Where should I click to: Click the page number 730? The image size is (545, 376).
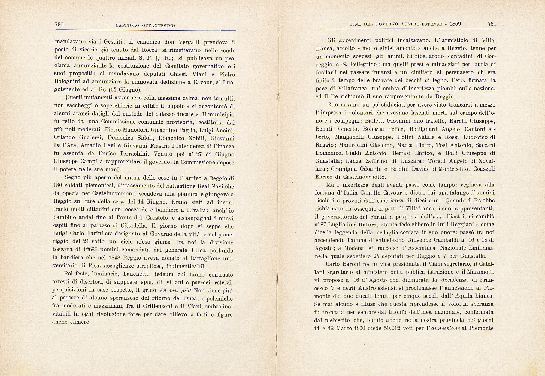pos(59,25)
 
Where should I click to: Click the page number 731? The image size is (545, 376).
pos(492,24)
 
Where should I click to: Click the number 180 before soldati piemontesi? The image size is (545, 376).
pos(58,186)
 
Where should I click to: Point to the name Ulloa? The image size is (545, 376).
pos(200,250)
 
